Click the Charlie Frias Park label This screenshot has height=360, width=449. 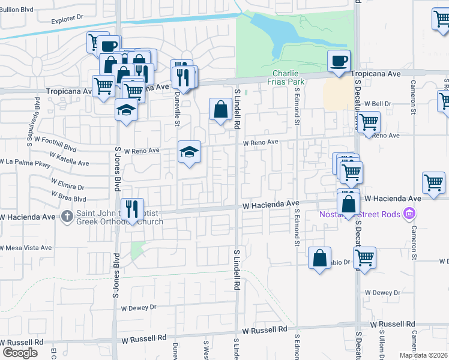285,77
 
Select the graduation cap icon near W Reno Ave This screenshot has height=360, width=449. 189,152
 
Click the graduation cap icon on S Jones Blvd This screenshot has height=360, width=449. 127,110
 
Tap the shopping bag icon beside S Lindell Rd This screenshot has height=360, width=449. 220,110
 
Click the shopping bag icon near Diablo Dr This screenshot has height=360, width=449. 320,258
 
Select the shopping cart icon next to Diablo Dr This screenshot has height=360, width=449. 364,258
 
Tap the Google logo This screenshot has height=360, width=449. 20,352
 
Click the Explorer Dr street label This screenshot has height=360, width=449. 67,19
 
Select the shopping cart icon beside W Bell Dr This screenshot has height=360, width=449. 369,122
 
